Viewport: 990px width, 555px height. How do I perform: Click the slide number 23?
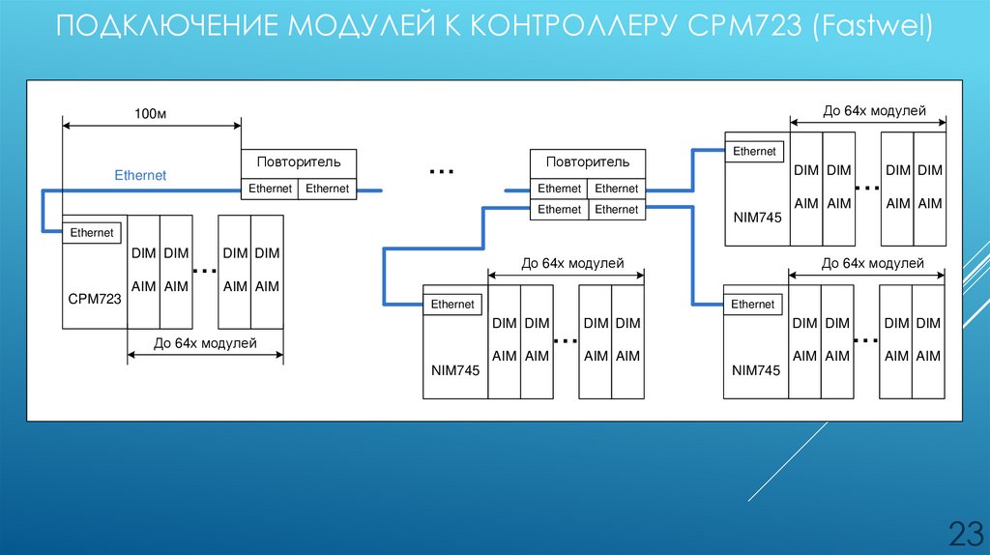[x=964, y=533]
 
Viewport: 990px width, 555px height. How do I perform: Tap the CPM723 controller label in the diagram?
[x=95, y=299]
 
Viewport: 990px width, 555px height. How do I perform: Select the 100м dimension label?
[x=151, y=114]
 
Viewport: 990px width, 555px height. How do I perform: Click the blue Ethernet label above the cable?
[x=140, y=175]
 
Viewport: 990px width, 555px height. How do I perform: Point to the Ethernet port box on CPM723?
[x=92, y=232]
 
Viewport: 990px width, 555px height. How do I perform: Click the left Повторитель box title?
[x=298, y=161]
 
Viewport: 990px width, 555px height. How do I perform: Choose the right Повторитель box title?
[x=588, y=161]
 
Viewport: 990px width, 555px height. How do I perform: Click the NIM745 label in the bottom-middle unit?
[x=455, y=369]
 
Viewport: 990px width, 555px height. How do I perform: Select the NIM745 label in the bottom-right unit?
[x=756, y=369]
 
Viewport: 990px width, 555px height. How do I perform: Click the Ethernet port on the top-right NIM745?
[x=754, y=152]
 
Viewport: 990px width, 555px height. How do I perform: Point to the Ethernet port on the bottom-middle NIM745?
[x=452, y=305]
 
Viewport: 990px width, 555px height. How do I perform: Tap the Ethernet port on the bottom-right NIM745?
[x=753, y=305]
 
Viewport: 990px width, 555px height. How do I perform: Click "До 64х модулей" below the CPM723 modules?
[x=205, y=342]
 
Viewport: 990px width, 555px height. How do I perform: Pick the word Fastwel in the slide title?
[x=872, y=26]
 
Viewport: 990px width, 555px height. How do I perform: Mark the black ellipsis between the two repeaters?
[x=441, y=172]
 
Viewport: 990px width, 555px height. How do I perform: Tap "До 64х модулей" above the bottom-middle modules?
[x=572, y=263]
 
